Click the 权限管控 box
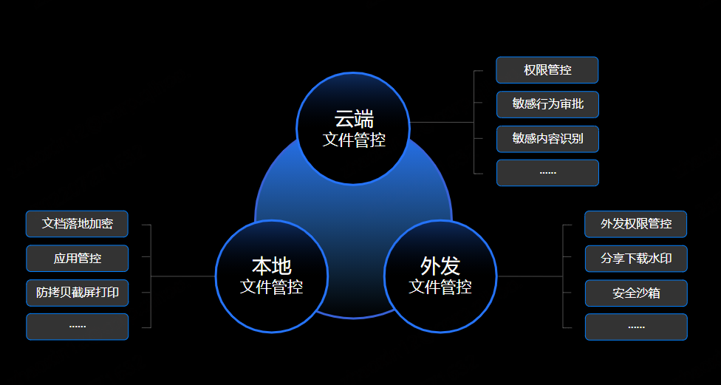pos(547,70)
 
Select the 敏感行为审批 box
pos(547,104)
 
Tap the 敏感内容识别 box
pos(547,139)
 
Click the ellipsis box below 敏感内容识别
pos(547,173)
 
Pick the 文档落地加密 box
pos(77,224)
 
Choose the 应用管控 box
pos(78,259)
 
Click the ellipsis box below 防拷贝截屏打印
pos(78,327)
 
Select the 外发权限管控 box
pos(635,224)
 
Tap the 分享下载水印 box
pos(636,259)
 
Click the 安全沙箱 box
pos(636,293)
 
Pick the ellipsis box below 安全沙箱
pos(636,327)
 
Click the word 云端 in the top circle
pos(354,119)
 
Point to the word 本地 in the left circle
pos(271,266)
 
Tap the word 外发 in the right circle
pos(440,266)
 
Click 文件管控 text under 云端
pos(354,140)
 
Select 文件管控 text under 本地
pos(271,287)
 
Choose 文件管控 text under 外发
pos(440,287)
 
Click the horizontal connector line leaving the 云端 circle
pos(442,123)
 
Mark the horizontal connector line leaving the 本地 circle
pos(183,276)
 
